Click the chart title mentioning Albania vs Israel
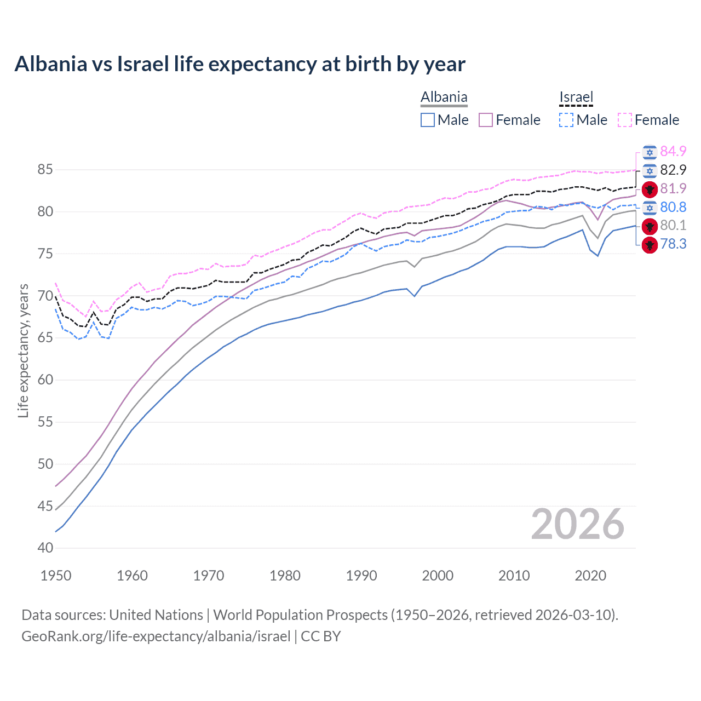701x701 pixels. [240, 64]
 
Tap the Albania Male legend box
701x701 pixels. [428, 120]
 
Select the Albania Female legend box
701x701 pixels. [486, 120]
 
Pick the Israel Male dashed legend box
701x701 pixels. [566, 120]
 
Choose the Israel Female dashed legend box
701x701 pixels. [625, 120]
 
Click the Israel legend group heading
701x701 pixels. [576, 97]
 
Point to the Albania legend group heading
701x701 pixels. [444, 97]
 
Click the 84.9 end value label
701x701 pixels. [673, 151]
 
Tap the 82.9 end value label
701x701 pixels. [673, 170]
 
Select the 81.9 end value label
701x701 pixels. [673, 189]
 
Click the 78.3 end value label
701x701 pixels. [673, 244]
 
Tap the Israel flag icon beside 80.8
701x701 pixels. [650, 208]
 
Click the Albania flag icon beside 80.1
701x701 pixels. [650, 226]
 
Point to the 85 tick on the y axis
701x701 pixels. [45, 170]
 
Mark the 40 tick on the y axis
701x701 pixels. [45, 548]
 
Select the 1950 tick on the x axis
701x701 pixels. [56, 576]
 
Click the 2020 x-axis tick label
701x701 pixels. [590, 576]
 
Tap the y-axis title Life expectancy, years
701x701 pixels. [23, 350]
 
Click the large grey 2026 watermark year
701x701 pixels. [577, 524]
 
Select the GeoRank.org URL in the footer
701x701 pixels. [156, 636]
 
